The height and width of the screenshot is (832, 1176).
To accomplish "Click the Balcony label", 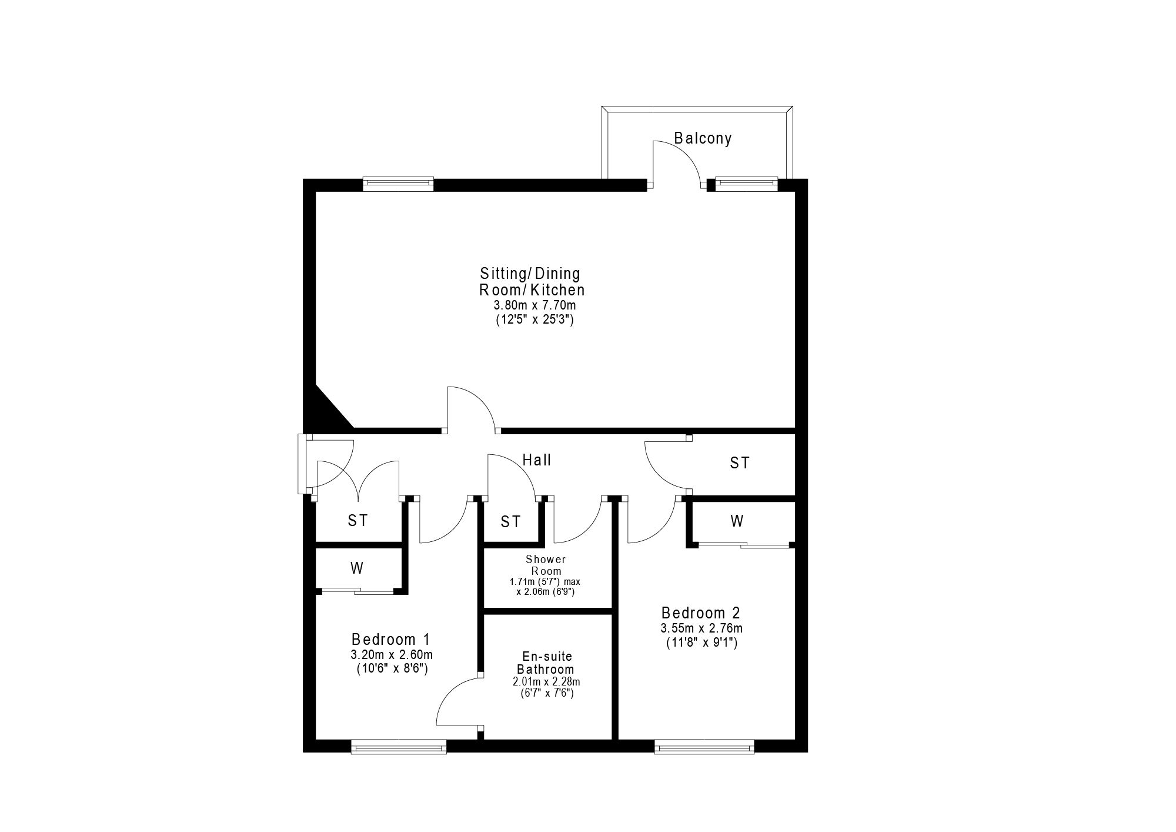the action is coord(703,138).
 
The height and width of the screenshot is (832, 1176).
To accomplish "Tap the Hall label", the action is coord(537,460).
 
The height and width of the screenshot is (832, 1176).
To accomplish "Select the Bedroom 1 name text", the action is coord(391,639).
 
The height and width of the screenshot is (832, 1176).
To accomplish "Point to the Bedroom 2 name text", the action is coord(701,613).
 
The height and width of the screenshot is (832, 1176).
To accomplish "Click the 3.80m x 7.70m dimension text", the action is coord(534,305).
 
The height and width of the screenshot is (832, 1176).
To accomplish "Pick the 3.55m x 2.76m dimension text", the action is coord(701,628).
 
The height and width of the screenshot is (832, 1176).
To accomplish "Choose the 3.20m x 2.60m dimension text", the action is coord(392,654).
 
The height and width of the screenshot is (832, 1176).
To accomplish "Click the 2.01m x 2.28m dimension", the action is coord(546,682).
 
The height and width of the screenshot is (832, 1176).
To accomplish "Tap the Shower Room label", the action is coord(546,565).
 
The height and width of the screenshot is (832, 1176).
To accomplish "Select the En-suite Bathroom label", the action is coord(546,663).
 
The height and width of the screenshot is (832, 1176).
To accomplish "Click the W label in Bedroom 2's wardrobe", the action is coord(737,521).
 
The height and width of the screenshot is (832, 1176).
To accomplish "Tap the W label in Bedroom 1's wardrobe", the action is coord(356,568).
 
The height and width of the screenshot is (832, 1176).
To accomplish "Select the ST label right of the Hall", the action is coord(740,463).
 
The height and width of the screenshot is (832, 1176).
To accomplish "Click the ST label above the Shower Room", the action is coord(510,521).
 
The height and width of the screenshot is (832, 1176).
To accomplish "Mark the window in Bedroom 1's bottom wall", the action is coord(399,747).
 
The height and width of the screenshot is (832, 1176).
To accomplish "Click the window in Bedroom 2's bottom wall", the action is coord(704,747).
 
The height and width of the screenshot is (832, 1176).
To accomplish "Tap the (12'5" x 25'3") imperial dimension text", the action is coord(534,321).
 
